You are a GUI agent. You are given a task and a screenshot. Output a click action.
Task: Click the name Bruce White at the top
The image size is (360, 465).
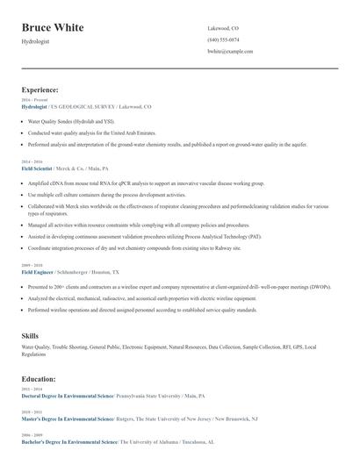click(x=53, y=28)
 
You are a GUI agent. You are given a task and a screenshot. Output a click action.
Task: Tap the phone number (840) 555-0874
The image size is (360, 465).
click(x=223, y=39)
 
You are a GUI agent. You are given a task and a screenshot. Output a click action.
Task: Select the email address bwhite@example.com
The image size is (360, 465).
click(x=230, y=52)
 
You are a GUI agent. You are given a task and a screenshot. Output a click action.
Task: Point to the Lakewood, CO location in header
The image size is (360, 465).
click(x=223, y=28)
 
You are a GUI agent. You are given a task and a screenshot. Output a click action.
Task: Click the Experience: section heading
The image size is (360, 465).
click(x=40, y=89)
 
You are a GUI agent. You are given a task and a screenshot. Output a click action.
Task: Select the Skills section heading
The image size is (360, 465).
click(x=30, y=335)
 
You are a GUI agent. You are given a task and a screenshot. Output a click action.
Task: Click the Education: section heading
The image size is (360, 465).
click(x=39, y=379)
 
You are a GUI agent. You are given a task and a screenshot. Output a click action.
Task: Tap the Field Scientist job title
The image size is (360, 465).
click(x=40, y=168)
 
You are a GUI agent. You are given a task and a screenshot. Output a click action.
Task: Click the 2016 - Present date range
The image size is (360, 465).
click(x=33, y=101)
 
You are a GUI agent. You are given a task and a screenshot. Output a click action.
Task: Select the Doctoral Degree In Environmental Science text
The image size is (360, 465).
click(x=68, y=396)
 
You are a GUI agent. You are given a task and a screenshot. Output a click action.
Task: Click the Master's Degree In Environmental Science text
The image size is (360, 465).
click(x=68, y=419)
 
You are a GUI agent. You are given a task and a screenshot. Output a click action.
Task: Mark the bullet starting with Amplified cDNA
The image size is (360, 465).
click(x=132, y=183)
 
